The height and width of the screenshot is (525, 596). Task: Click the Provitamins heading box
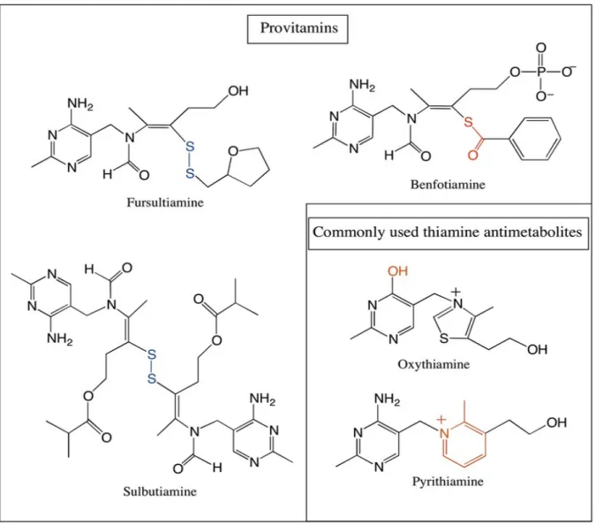tap(298, 29)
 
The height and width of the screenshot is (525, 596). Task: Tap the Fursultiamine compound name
tap(165, 202)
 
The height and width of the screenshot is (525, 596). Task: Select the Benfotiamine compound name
tap(448, 185)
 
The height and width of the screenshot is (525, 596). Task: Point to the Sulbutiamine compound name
tap(160, 491)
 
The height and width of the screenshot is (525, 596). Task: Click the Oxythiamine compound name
tap(434, 364)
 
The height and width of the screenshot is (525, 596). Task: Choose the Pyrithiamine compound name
tap(448, 481)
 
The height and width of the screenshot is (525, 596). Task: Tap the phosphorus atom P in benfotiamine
tap(541, 72)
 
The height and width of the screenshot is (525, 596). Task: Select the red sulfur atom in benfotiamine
tap(468, 122)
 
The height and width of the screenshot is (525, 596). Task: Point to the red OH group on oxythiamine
tap(397, 271)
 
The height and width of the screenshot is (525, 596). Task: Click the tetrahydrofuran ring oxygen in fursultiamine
tap(233, 151)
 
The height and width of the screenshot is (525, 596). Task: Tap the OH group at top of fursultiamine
tap(238, 91)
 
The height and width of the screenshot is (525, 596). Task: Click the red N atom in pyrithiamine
tap(444, 433)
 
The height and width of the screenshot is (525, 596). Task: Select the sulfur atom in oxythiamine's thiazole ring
tap(443, 339)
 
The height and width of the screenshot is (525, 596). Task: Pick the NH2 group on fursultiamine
tap(80, 103)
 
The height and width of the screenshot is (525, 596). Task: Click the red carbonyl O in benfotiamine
tap(473, 155)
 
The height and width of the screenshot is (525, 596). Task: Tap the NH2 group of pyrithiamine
tap(388, 399)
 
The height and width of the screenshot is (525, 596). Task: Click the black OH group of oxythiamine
tap(538, 350)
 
